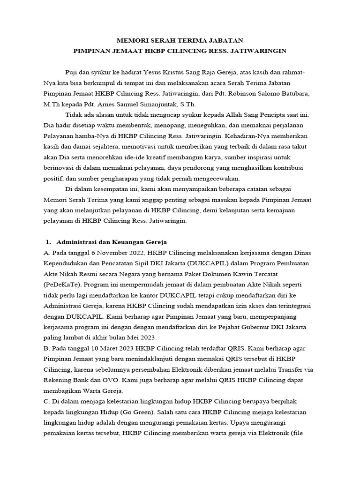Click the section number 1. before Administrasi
[48, 242]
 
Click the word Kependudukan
[65, 263]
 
